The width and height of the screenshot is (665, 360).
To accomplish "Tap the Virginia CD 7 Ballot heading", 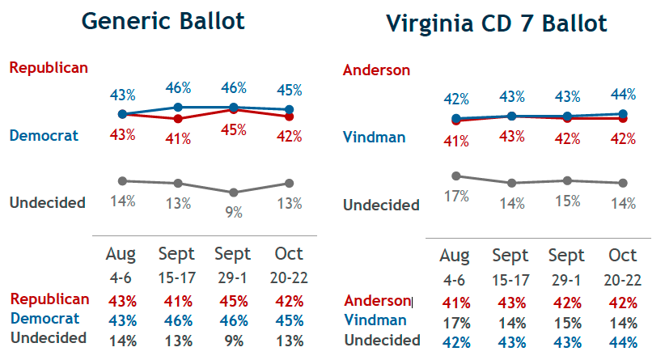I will (x=497, y=23).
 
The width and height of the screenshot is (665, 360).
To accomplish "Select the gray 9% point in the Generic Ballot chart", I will (x=234, y=193).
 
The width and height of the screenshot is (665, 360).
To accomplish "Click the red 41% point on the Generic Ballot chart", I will (x=178, y=119).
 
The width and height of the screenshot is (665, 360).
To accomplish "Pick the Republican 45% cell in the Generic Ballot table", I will (x=234, y=300).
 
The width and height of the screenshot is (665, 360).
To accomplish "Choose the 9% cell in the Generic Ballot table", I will (x=234, y=337).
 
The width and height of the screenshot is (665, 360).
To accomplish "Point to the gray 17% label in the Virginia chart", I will (x=458, y=196).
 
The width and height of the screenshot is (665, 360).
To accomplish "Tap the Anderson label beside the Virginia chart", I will (x=376, y=70).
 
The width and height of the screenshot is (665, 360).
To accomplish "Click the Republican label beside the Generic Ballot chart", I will (x=49, y=67).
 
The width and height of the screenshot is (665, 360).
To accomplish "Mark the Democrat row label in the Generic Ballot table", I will (x=45, y=319).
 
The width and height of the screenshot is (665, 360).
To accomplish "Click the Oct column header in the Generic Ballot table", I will (x=289, y=254).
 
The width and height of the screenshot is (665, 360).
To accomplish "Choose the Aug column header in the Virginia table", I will (x=455, y=256).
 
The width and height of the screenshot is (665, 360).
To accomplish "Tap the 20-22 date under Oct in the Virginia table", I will (x=622, y=280).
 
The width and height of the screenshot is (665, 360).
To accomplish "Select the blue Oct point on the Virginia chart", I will (x=622, y=114).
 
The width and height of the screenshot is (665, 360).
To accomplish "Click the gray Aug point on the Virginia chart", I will (x=456, y=176).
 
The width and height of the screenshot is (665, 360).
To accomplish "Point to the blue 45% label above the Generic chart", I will (x=289, y=90).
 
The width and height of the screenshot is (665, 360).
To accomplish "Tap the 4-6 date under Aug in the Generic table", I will (x=121, y=277).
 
